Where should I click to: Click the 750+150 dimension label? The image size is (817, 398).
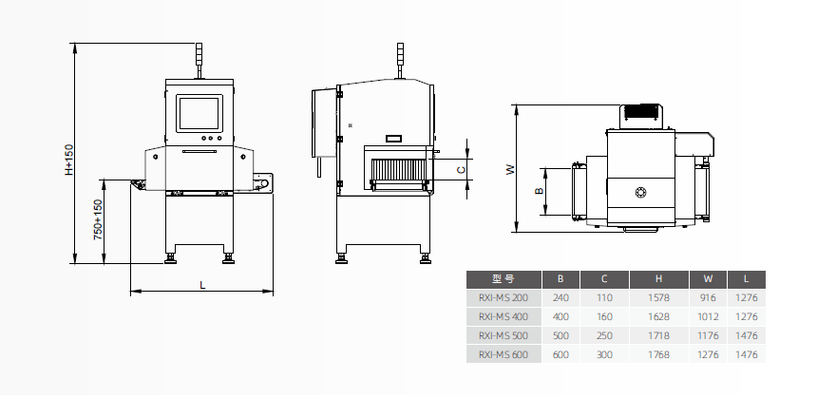[97, 219]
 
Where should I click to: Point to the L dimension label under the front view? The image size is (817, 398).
[201, 284]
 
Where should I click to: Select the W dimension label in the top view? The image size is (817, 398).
[510, 169]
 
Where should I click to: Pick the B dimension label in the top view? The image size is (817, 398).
[539, 191]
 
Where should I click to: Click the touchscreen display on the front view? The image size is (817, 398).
[199, 112]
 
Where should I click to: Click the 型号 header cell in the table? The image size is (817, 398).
[503, 279]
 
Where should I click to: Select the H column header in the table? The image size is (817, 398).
[659, 279]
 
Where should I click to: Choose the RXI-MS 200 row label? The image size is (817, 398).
[503, 297]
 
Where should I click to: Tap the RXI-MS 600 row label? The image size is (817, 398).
[503, 354]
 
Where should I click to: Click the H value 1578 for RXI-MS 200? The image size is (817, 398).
[659, 297]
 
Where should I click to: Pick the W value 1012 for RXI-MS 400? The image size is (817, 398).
[708, 316]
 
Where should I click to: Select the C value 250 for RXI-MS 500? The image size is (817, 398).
[603, 335]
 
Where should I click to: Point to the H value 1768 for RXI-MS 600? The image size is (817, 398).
[659, 354]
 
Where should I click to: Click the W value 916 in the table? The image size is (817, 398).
[708, 297]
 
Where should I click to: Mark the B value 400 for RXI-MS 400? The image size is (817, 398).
[560, 316]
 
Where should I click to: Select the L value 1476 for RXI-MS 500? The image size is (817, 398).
[748, 335]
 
